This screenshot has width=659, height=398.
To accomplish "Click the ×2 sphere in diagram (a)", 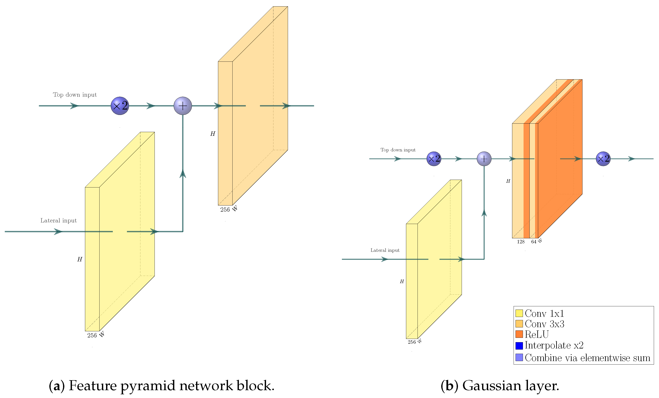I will click(x=120, y=106).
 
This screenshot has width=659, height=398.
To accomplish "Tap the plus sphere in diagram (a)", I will click(x=183, y=106).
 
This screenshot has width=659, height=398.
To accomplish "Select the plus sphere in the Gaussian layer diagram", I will click(x=484, y=159).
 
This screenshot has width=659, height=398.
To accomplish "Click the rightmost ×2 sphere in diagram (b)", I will click(x=603, y=159).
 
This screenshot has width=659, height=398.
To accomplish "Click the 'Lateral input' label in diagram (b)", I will click(x=385, y=250).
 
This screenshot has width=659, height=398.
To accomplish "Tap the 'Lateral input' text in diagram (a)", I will click(x=58, y=221).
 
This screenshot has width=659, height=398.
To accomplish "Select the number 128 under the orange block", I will click(x=521, y=242).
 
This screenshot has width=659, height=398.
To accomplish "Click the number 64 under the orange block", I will click(x=534, y=242).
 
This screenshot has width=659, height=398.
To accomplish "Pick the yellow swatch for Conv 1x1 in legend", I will click(x=519, y=313).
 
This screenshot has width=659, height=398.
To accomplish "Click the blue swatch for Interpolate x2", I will click(x=519, y=346).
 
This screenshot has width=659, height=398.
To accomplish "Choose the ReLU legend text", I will click(x=536, y=334).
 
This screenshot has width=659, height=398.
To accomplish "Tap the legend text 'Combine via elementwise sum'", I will click(x=587, y=358).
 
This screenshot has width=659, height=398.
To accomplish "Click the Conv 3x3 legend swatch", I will click(x=519, y=324).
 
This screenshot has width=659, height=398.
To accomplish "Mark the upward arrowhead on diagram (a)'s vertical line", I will click(x=183, y=174).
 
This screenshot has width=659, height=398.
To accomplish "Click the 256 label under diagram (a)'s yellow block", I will click(x=92, y=335).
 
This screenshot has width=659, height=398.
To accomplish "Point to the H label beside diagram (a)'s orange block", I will click(x=213, y=134).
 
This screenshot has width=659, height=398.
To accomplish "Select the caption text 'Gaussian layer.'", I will click(x=511, y=386).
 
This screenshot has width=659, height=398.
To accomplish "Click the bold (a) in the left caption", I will click(x=57, y=386).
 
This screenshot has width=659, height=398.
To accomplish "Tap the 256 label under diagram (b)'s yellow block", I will click(x=412, y=342).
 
